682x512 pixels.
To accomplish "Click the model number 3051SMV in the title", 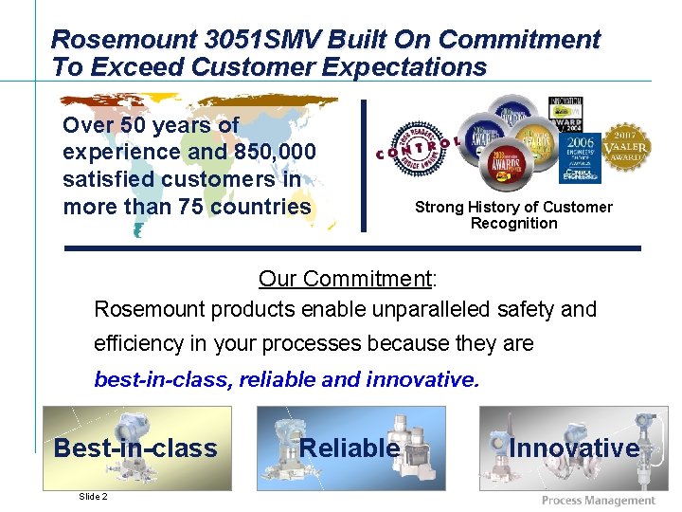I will pyautogui.click(x=278, y=40).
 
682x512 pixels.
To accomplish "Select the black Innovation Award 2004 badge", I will pyautogui.click(x=568, y=114).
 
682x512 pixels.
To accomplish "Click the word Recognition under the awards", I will pyautogui.click(x=513, y=224).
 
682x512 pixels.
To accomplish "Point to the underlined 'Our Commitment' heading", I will pyautogui.click(x=345, y=279).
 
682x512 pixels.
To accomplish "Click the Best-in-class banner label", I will pyautogui.click(x=135, y=448).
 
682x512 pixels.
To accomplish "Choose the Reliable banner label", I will pyautogui.click(x=350, y=448).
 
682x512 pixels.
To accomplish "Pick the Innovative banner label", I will pyautogui.click(x=574, y=448).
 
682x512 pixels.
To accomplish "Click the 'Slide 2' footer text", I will pyautogui.click(x=93, y=497).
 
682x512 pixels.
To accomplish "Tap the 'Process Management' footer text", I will pyautogui.click(x=598, y=500).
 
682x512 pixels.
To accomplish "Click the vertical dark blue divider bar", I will pyautogui.click(x=363, y=165).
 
